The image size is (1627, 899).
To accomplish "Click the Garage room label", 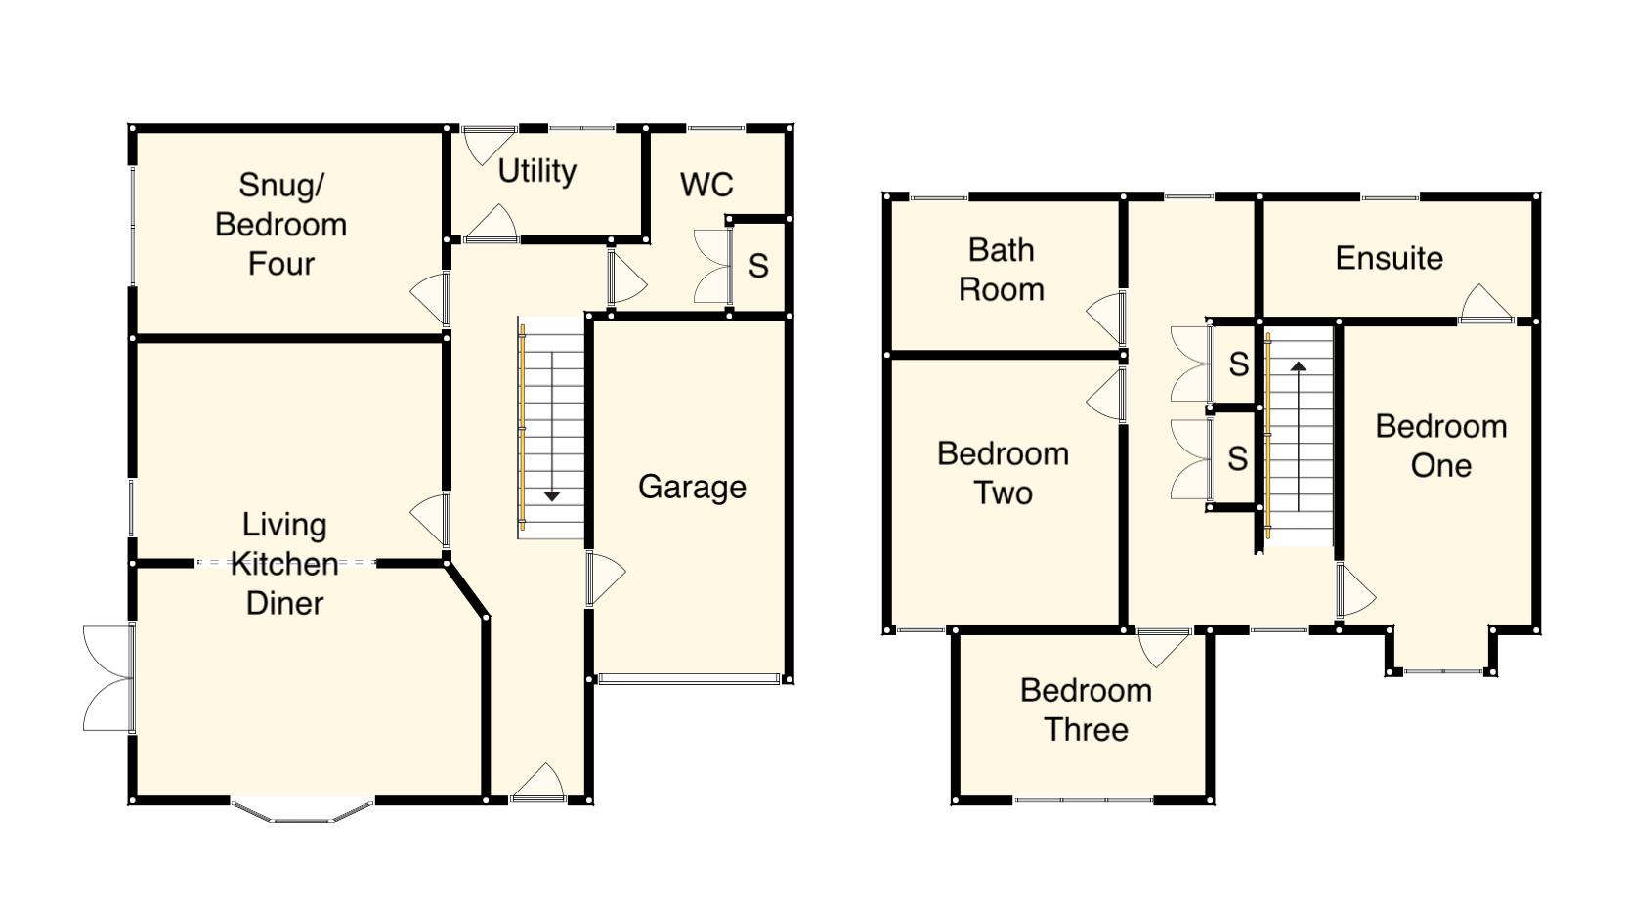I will pyautogui.click(x=692, y=487).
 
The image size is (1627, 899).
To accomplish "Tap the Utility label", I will pyautogui.click(x=536, y=171).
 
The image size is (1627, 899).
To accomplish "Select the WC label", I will pyautogui.click(x=706, y=185).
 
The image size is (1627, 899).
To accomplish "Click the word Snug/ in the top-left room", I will pyautogui.click(x=280, y=184).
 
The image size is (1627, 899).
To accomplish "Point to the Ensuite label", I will pyautogui.click(x=1389, y=258).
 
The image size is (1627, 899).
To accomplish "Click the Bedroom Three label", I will pyautogui.click(x=1086, y=709).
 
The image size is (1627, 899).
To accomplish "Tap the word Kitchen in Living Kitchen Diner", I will pyautogui.click(x=284, y=564).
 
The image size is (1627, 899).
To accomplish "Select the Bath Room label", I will pyautogui.click(x=1001, y=270).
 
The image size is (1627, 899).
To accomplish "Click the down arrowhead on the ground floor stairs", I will pyautogui.click(x=551, y=496).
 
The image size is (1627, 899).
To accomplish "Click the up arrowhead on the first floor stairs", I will pyautogui.click(x=1299, y=367).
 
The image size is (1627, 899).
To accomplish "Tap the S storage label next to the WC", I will pyautogui.click(x=758, y=266).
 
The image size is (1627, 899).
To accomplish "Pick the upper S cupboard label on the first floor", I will pyautogui.click(x=1238, y=364).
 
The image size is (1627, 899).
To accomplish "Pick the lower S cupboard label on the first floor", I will pyautogui.click(x=1237, y=458).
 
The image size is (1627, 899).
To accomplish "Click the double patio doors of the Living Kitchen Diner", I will pyautogui.click(x=108, y=678).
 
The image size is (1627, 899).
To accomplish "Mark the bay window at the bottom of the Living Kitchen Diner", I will pyautogui.click(x=302, y=812).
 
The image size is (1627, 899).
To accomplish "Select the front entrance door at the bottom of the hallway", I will pyautogui.click(x=538, y=785).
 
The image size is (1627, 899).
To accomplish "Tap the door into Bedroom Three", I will pyautogui.click(x=1163, y=646).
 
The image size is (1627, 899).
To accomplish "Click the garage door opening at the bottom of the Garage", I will pyautogui.click(x=689, y=678).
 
